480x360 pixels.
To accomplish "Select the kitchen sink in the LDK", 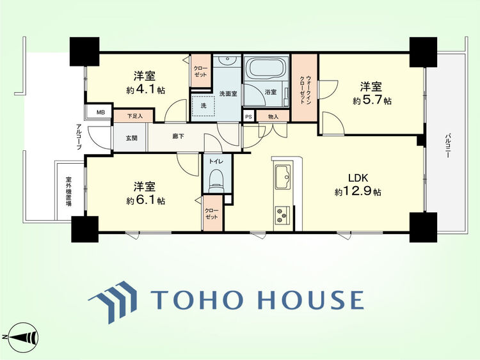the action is [x=283, y=177].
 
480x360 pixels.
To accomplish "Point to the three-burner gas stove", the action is [x=282, y=215].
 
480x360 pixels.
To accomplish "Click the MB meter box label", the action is [x=100, y=113].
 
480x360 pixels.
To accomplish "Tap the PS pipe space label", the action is [x=248, y=116].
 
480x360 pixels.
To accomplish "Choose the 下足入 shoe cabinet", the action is [x=134, y=116].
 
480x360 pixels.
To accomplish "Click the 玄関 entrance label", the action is [x=131, y=138].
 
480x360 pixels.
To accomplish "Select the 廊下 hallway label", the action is [x=178, y=136].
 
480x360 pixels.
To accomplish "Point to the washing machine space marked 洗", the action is [x=204, y=106].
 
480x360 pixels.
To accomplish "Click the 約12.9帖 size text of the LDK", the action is [x=358, y=192].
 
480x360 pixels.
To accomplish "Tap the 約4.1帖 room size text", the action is [x=145, y=90].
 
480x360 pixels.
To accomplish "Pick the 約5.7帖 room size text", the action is [x=372, y=100].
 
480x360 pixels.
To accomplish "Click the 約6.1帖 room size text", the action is [x=145, y=201].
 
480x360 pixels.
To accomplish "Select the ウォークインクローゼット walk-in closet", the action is [x=305, y=88].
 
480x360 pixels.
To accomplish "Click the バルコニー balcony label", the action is [x=447, y=145].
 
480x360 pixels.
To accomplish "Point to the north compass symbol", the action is [x=21, y=337].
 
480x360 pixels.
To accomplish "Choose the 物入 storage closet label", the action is [x=273, y=116].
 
